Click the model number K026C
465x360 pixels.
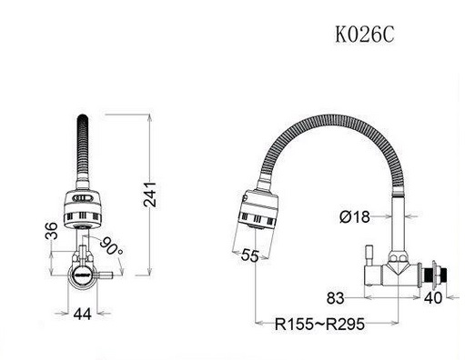click(365, 35)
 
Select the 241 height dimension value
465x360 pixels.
click(150, 195)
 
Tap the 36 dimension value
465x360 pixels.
click(52, 231)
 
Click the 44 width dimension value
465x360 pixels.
click(82, 314)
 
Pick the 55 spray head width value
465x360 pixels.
click(250, 255)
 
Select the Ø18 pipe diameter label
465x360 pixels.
click(355, 216)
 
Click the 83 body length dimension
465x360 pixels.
click(336, 298)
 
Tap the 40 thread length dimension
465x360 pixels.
click(433, 297)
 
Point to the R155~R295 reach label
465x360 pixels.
click(319, 324)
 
